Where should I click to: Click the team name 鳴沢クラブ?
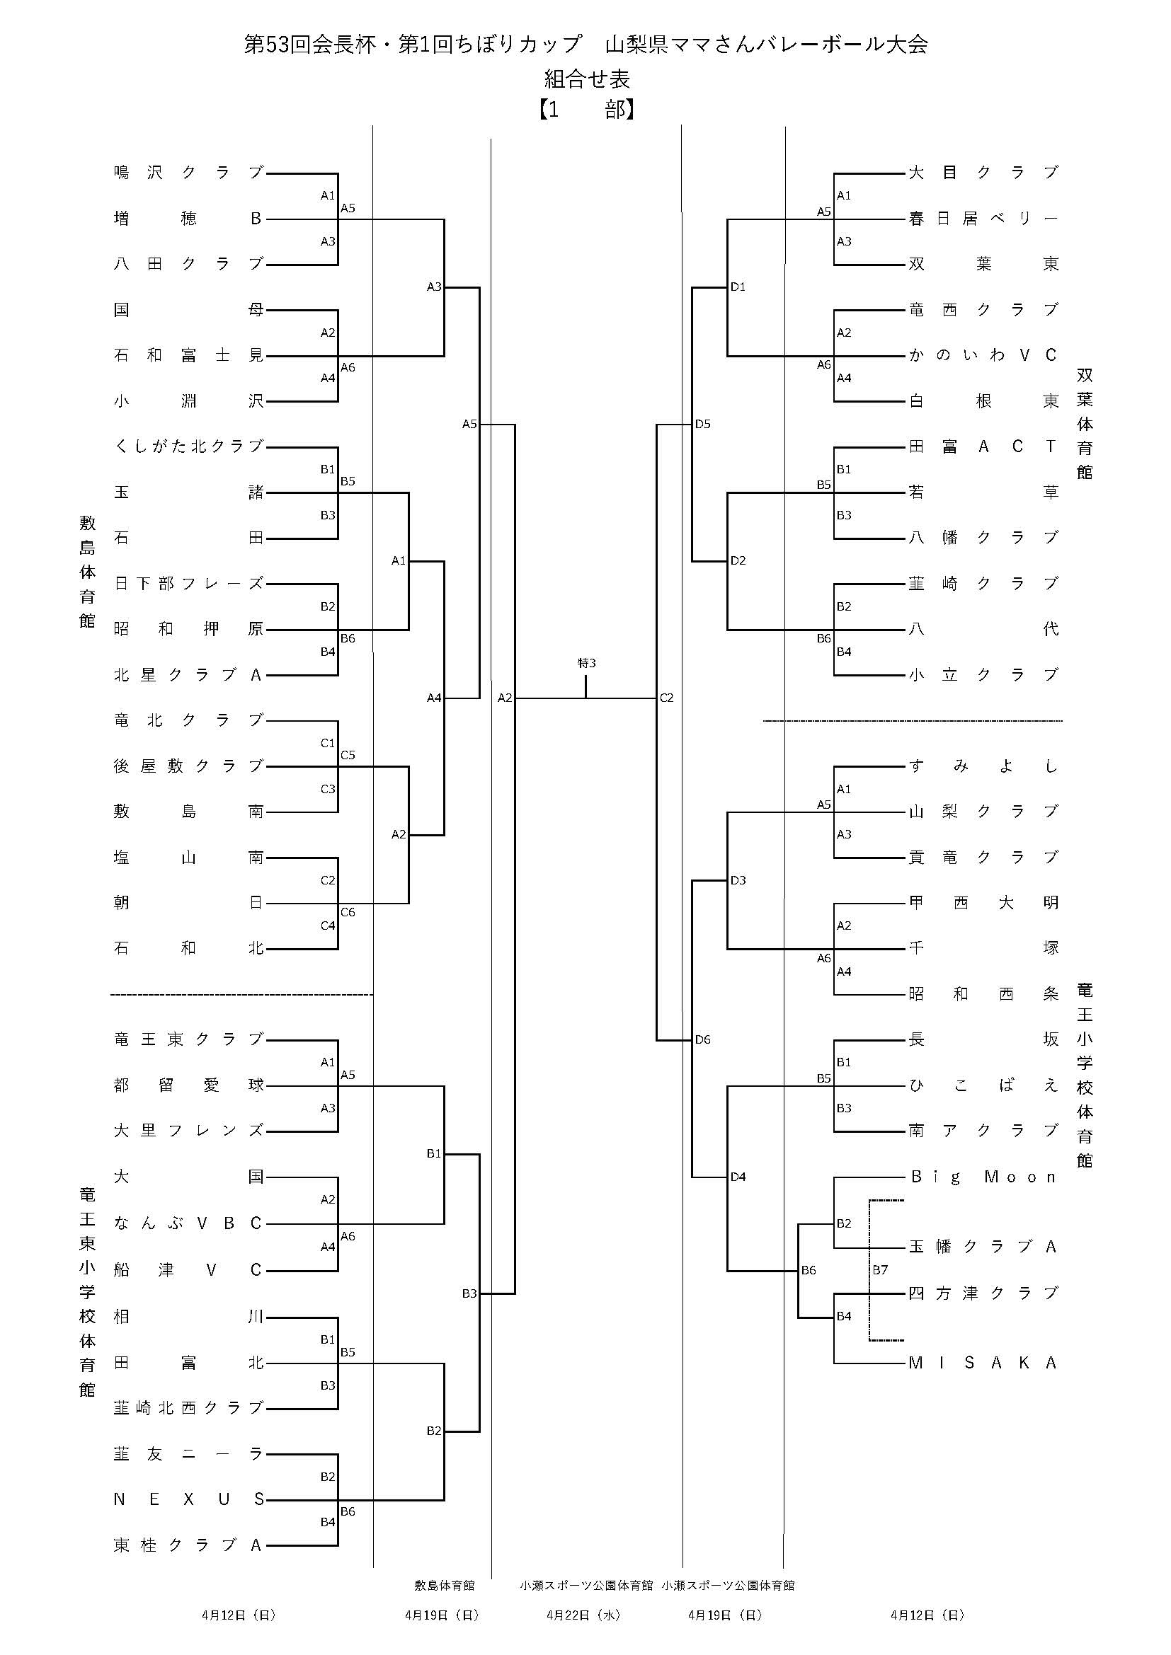click(189, 173)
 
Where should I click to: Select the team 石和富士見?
click(189, 355)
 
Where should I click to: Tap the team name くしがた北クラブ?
click(189, 447)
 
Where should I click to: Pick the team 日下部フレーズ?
click(189, 584)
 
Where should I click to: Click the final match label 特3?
click(587, 663)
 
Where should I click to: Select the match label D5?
click(703, 424)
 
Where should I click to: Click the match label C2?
click(666, 698)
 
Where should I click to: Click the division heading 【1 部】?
click(585, 110)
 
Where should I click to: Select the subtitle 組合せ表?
click(586, 78)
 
